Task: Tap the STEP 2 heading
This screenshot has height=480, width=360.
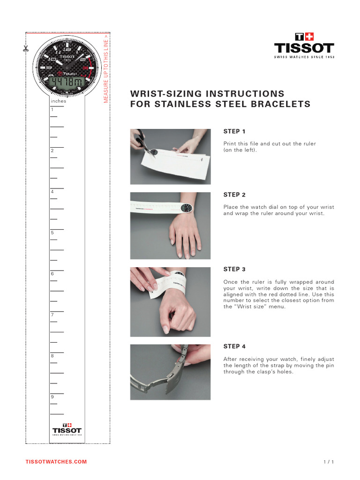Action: click(234, 195)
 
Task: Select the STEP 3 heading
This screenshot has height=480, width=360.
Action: click(234, 270)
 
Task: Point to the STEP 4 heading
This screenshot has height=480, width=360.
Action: click(234, 347)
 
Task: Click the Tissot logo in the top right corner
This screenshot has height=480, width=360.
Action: click(304, 45)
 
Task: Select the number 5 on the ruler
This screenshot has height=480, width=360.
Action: click(52, 233)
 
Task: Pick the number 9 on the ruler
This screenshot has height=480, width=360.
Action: click(52, 397)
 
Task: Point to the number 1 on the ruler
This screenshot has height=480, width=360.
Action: click(52, 110)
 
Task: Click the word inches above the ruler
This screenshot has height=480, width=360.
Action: click(58, 101)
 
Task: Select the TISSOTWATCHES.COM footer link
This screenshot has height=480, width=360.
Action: click(56, 462)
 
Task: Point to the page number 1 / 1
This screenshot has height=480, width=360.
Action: click(329, 462)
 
